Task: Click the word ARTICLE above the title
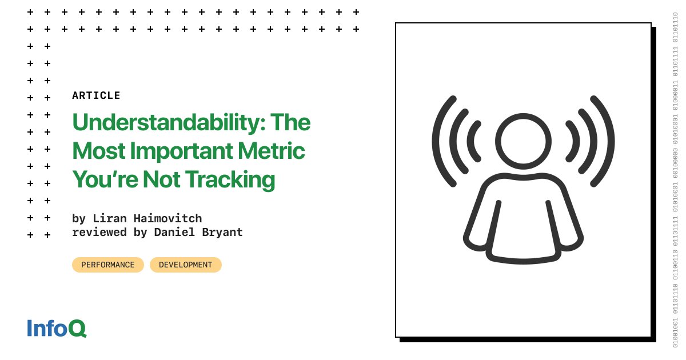[96, 95]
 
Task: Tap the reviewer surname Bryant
[222, 232]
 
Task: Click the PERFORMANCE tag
[108, 265]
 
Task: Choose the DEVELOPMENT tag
[185, 265]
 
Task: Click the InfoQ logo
[57, 328]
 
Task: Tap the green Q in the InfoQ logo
[77, 329]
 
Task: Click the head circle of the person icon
[523, 141]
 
